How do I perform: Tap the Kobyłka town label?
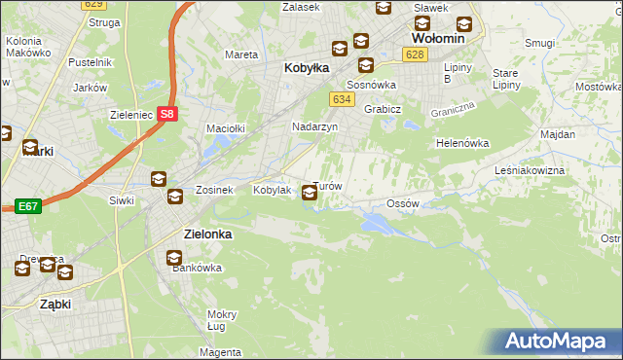coord(306,69)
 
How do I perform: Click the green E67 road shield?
coord(28,206)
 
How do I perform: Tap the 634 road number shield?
coord(341,99)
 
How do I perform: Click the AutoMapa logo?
coord(560,342)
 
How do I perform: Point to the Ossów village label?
coord(402,203)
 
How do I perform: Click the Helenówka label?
coord(461,143)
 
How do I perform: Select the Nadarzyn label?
coord(314,127)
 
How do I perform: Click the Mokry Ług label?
coord(222,320)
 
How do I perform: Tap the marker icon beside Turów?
coord(310,194)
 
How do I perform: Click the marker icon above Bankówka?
coord(174,259)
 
